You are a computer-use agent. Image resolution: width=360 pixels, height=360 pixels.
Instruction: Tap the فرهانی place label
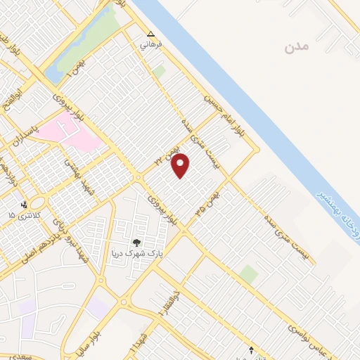point(151,44)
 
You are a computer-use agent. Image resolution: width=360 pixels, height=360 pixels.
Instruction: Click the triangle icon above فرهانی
point(150,34)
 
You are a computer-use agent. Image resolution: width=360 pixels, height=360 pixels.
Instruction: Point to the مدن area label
point(297,47)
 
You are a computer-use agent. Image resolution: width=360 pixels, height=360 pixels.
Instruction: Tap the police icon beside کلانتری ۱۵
point(26,204)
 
